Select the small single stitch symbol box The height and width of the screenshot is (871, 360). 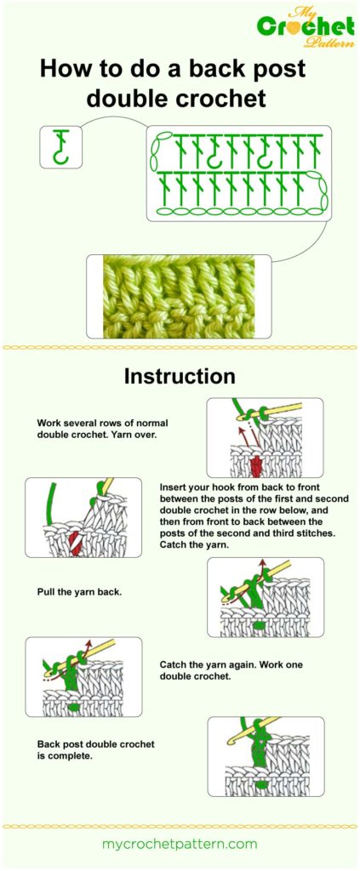tap(61, 146)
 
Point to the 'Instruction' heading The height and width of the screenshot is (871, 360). tap(180, 375)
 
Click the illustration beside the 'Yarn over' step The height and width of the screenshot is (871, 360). tap(265, 437)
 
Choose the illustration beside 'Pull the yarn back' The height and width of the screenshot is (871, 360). tap(265, 598)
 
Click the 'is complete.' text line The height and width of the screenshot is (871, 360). tap(65, 755)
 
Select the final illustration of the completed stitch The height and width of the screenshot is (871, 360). tap(265, 756)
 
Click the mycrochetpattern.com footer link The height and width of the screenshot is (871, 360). tap(180, 844)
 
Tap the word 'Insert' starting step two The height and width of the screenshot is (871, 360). tap(174, 487)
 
